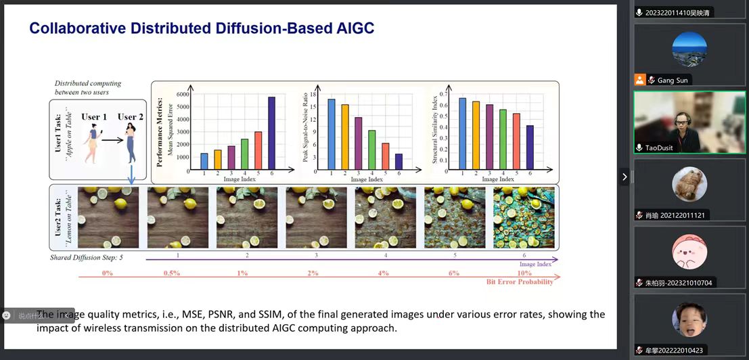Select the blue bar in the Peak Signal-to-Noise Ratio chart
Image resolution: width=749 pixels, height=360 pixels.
coord(332,135)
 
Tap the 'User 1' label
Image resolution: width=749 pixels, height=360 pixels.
coord(94,117)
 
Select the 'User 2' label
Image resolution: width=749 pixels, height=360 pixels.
coord(131,117)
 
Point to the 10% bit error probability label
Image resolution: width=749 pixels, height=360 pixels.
coord(523,273)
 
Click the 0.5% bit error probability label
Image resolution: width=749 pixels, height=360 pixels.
coord(171,273)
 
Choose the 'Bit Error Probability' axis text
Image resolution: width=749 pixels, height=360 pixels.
coord(520,282)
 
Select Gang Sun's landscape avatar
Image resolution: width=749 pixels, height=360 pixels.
coord(689,49)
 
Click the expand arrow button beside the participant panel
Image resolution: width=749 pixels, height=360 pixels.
coord(624,177)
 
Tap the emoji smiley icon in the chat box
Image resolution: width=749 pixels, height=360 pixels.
coord(7,315)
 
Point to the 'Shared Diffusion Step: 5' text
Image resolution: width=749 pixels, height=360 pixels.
coord(87,258)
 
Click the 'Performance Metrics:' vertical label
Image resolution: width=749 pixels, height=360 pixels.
coord(160,132)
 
